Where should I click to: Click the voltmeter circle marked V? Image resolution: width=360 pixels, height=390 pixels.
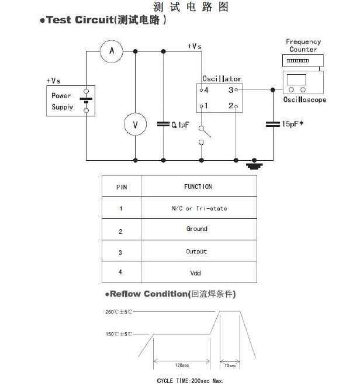136,125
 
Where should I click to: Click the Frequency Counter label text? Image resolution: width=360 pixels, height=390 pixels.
303,46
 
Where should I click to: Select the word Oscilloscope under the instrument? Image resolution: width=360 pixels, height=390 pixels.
304,100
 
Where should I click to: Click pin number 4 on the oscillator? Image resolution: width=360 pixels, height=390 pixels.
205,90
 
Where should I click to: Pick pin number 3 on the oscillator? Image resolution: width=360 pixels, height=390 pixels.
231,90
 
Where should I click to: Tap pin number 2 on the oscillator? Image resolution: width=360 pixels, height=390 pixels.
231,106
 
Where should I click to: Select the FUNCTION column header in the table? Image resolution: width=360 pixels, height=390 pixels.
198,187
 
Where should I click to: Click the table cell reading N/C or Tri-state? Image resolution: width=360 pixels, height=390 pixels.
199,208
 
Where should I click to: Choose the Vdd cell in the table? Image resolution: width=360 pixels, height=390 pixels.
196,273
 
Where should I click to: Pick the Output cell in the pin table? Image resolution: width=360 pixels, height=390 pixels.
196,251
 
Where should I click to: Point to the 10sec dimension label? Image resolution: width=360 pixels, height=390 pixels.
230,365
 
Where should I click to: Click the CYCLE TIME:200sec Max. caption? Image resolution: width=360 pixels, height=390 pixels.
191,381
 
